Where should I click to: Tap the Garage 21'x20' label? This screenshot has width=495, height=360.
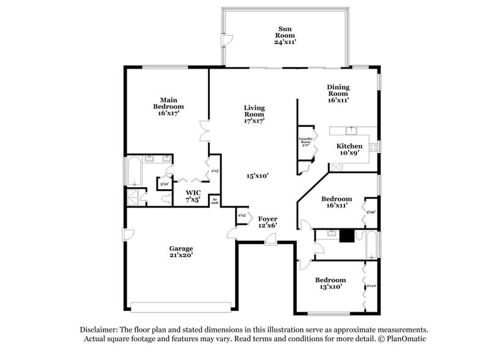coord(181,252)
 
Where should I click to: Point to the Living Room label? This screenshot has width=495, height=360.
coord(254,114)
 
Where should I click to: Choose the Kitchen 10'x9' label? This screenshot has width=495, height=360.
coord(349,150)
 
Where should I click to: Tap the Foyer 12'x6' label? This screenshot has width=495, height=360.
coord(267,222)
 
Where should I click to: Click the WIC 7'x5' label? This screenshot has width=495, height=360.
coord(193,196)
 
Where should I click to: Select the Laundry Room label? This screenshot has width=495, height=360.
coord(306,141)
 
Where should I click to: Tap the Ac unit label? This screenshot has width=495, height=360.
coord(215,200)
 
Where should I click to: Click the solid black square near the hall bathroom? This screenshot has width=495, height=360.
coord(348,236)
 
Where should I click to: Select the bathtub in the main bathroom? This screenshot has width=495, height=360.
coord(133,172)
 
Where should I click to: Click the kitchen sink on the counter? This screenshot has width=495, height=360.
coord(351,130)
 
